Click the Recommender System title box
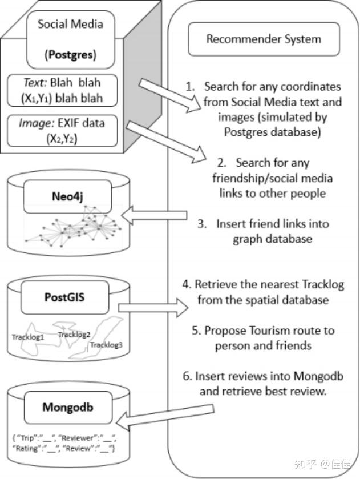pyautogui.click(x=264, y=39)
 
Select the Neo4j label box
pyautogui.click(x=67, y=197)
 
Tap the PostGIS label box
pyautogui.click(x=64, y=297)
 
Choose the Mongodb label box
pyautogui.click(x=68, y=407)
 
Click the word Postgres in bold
pyautogui.click(x=71, y=55)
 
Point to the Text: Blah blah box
pyautogui.click(x=62, y=90)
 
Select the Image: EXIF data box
pyautogui.click(x=62, y=131)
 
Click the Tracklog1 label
pyautogui.click(x=28, y=337)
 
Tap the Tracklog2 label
pyautogui.click(x=74, y=335)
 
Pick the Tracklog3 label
pyautogui.click(x=106, y=345)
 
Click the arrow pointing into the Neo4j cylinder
pyautogui.click(x=154, y=215)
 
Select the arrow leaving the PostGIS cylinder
pyautogui.click(x=153, y=308)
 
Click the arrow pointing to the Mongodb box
pyautogui.click(x=165, y=416)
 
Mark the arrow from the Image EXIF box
pyautogui.click(x=167, y=142)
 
